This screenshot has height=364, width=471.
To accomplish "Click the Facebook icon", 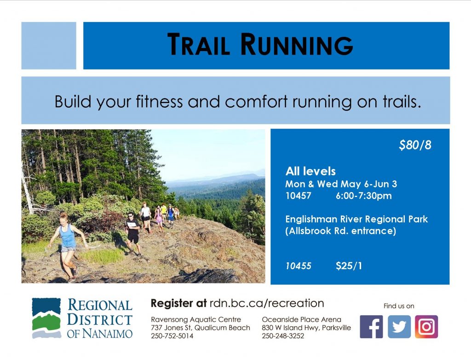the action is tap(371, 327).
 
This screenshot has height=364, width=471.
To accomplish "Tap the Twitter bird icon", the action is tap(399, 327).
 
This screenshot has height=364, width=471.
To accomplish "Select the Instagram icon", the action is tap(426, 327).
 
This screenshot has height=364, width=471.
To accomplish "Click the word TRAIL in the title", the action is tap(199, 45).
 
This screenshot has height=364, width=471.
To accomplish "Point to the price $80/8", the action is tap(415, 145).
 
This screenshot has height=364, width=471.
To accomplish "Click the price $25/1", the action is tap(349, 266).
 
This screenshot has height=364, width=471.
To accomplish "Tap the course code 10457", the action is tap(298, 196).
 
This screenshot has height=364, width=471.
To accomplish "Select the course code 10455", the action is tap(298, 266).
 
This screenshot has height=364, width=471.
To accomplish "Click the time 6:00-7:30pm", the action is tap(364, 196).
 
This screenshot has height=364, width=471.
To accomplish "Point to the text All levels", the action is tap(310, 171).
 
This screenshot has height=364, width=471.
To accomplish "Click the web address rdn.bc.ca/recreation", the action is tap(267, 303).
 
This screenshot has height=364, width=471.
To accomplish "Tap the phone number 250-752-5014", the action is tap(172, 336).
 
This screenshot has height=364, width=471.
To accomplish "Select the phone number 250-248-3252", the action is tap(283, 336).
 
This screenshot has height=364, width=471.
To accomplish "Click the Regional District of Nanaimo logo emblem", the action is tap(46, 318).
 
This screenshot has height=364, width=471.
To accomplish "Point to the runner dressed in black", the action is tap(133, 233).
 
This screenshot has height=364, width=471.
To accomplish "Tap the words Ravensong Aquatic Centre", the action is tap(196, 319).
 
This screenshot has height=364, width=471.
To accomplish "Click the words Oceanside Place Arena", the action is tap(302, 319).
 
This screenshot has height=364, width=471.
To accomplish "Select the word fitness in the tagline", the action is tap(159, 102).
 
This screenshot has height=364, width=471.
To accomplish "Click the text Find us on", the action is tap(399, 306).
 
